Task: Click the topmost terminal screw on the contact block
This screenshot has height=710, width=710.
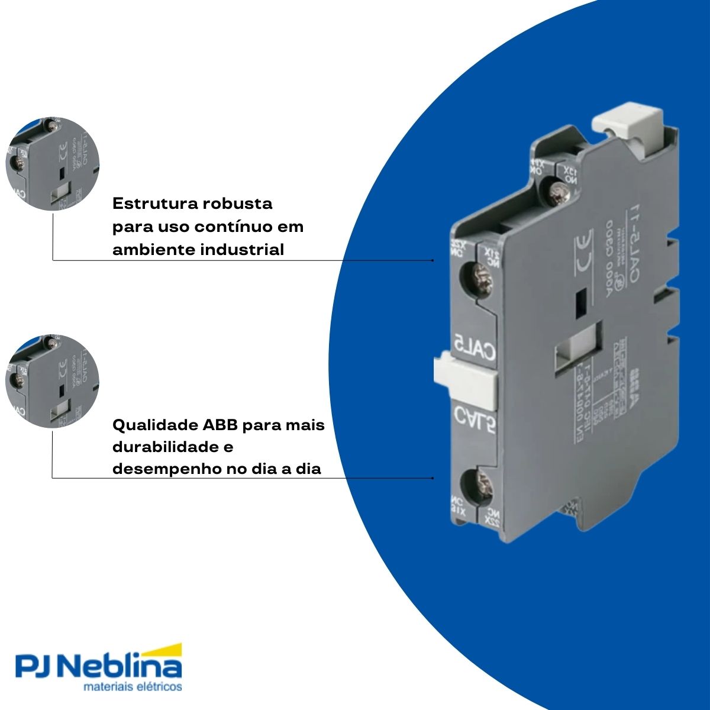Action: pyautogui.click(x=557, y=191)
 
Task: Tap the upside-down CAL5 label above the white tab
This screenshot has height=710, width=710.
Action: pyautogui.click(x=474, y=344)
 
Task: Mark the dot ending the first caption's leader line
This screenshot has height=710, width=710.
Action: pyautogui.click(x=433, y=260)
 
